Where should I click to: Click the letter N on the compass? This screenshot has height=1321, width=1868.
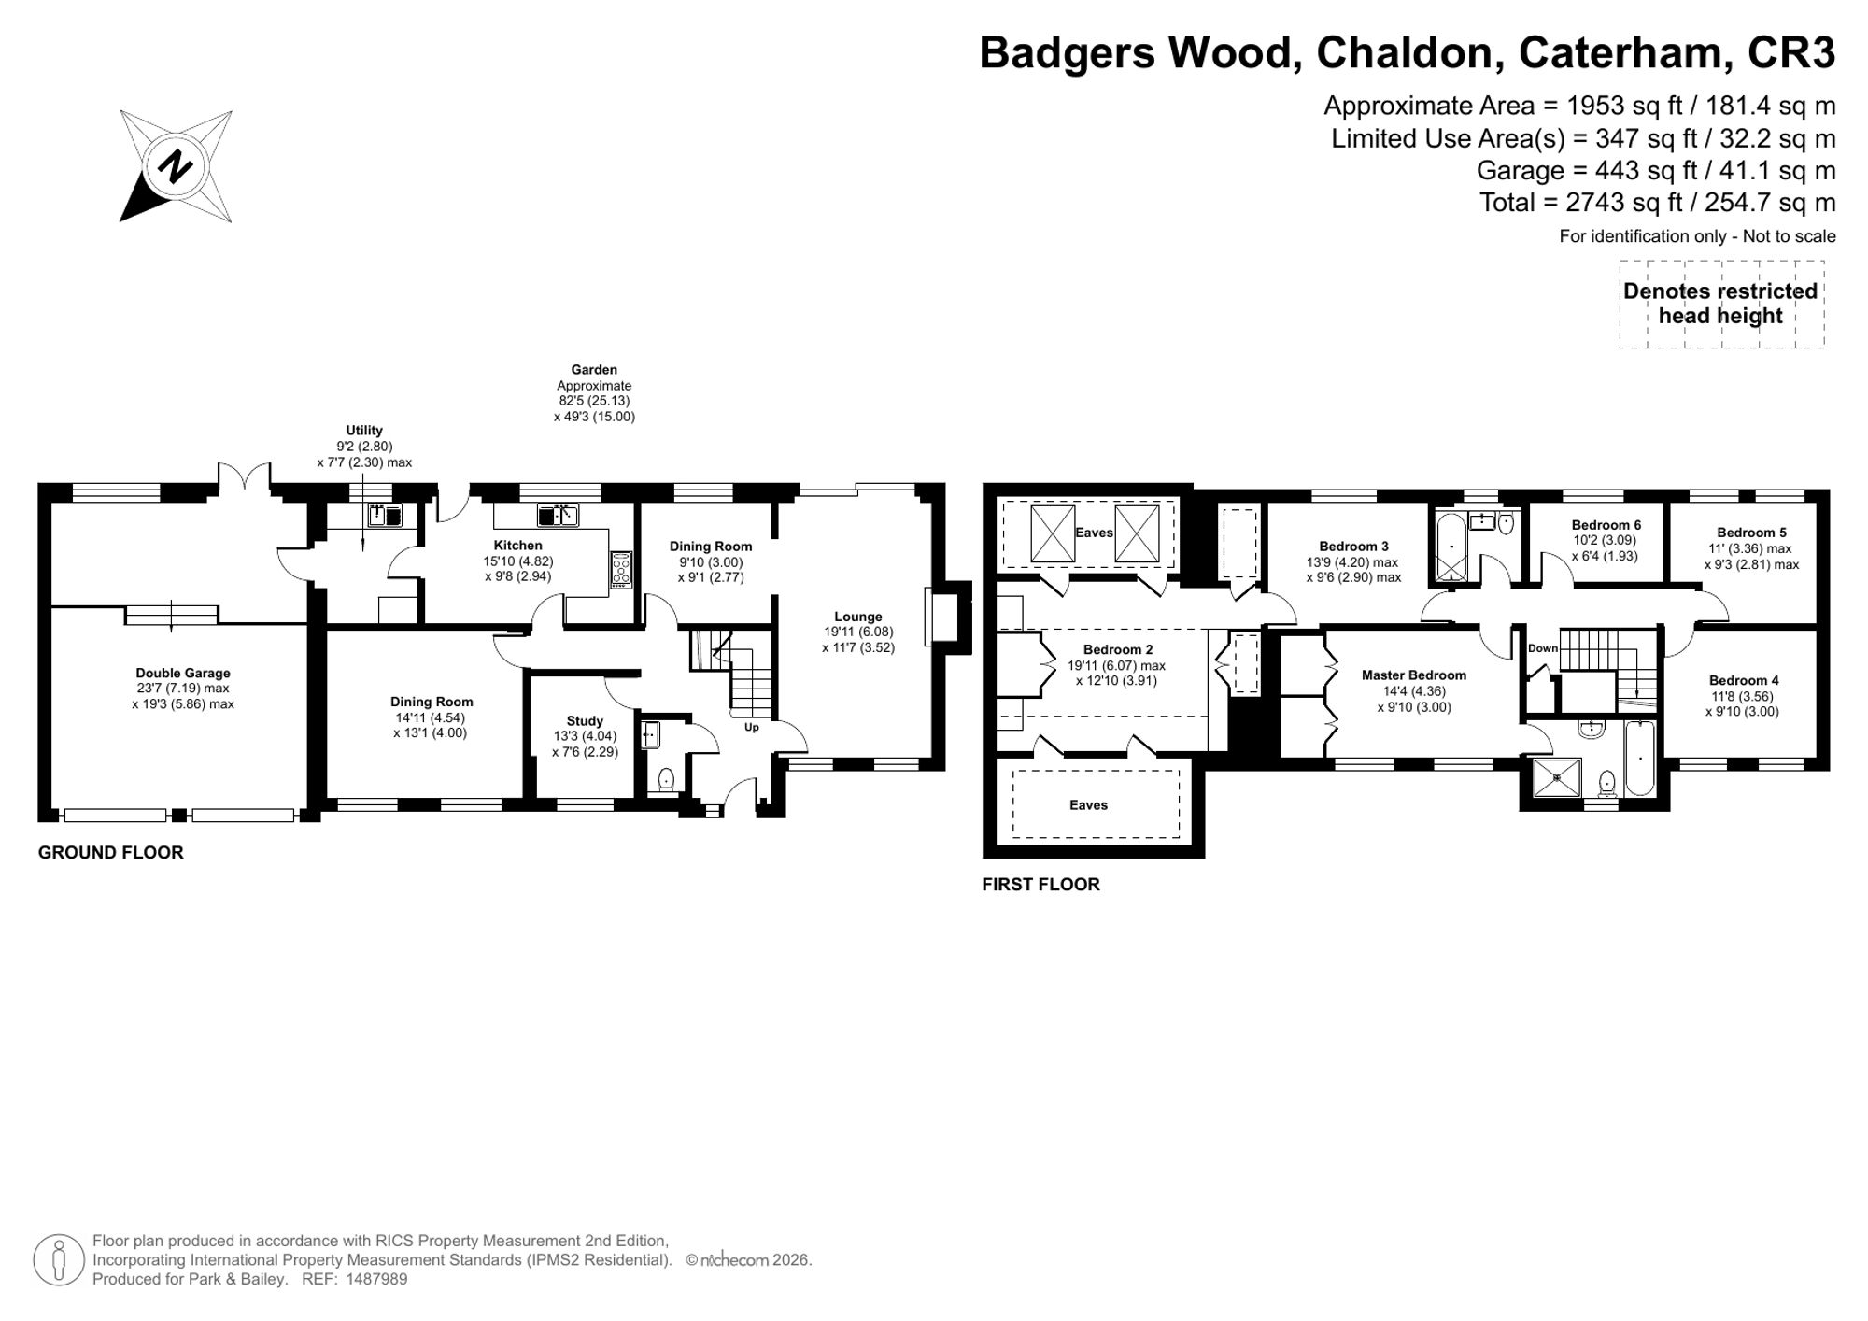pyautogui.click(x=175, y=167)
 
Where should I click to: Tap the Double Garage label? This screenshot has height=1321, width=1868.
pyautogui.click(x=183, y=673)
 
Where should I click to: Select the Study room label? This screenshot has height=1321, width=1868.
pyautogui.click(x=585, y=721)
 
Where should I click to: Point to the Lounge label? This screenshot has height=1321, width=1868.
pyautogui.click(x=858, y=617)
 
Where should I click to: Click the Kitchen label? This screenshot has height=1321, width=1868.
pyautogui.click(x=518, y=546)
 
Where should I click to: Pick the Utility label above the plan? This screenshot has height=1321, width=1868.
pyautogui.click(x=364, y=431)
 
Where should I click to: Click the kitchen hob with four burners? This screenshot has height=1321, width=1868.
pyautogui.click(x=622, y=570)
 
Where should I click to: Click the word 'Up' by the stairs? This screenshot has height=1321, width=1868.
pyautogui.click(x=752, y=727)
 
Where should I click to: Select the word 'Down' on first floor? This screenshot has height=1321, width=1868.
pyautogui.click(x=1543, y=648)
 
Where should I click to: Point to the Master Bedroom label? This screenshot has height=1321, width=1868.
pyautogui.click(x=1414, y=675)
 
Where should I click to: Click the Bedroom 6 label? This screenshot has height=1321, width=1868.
pyautogui.click(x=1606, y=525)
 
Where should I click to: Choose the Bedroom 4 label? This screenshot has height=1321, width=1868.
pyautogui.click(x=1744, y=681)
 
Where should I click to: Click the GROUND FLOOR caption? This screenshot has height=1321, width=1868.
pyautogui.click(x=111, y=852)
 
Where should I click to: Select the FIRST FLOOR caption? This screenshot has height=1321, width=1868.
pyautogui.click(x=1041, y=885)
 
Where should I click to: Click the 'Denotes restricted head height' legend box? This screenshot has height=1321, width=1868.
pyautogui.click(x=1721, y=305)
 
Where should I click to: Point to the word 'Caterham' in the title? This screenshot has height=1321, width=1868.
pyautogui.click(x=1620, y=53)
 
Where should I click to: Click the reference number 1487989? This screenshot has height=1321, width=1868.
pyautogui.click(x=377, y=1279)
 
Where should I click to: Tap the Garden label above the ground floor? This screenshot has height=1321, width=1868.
pyautogui.click(x=594, y=370)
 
